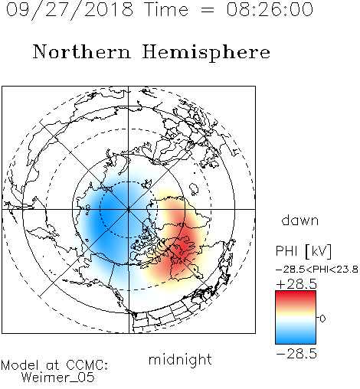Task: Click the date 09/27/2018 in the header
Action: tap(70, 10)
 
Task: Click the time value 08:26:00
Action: tap(270, 10)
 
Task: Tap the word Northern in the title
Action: tap(82, 51)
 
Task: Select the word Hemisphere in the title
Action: tap(206, 53)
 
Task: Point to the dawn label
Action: tap(300, 220)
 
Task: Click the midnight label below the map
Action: tap(180, 360)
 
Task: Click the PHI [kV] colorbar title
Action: tap(303, 251)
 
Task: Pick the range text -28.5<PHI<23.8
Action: tap(316, 270)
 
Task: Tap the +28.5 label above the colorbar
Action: tap(296, 284)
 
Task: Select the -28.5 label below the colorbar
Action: tap(296, 354)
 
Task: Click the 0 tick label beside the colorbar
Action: tap(322, 319)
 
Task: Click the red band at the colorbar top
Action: tap(296, 296)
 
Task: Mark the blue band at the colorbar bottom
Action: tap(296, 338)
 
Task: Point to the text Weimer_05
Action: tap(58, 378)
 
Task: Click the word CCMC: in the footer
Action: tap(87, 365)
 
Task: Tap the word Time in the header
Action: tap(166, 10)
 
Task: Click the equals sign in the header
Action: tap(208, 10)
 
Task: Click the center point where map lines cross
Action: tap(129, 209)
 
